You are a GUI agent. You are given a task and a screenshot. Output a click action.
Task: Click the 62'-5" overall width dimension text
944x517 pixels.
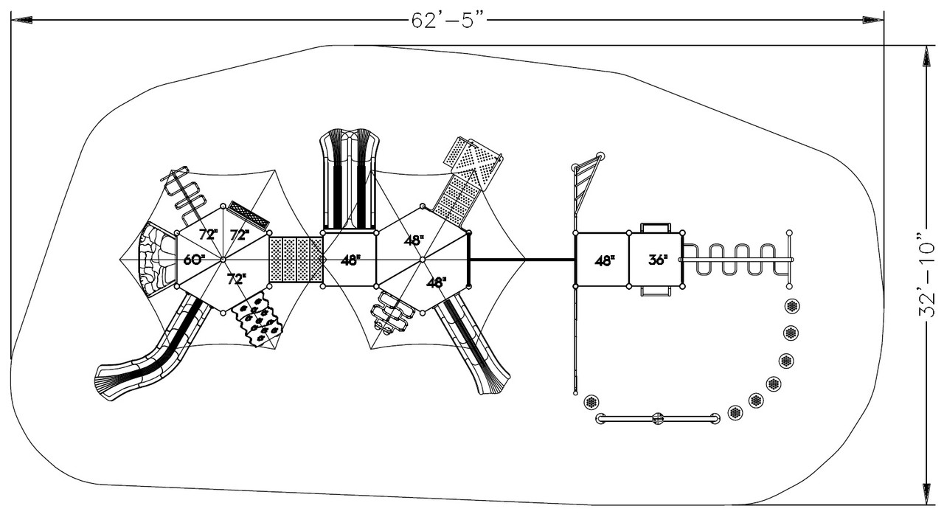(450, 20)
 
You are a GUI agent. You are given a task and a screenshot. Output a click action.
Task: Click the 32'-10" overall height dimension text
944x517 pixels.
(926, 276)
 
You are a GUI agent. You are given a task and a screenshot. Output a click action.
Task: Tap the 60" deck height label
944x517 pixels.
(194, 260)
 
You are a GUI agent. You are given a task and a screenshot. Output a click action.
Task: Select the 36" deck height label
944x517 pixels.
(658, 260)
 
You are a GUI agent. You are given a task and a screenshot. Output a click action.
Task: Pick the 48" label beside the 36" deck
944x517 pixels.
(604, 260)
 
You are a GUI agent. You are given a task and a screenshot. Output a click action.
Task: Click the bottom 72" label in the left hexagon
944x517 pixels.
(236, 279)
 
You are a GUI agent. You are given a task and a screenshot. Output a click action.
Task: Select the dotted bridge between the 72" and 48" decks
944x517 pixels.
(296, 259)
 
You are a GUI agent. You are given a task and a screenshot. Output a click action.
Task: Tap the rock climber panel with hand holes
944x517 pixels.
(258, 320)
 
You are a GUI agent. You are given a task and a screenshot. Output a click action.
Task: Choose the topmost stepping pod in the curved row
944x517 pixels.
(793, 306)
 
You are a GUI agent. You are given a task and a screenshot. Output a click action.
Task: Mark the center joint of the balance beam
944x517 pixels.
(658, 419)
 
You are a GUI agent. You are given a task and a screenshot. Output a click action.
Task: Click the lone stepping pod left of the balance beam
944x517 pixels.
(590, 402)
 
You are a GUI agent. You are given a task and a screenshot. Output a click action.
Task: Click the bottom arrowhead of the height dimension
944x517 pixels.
(926, 494)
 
